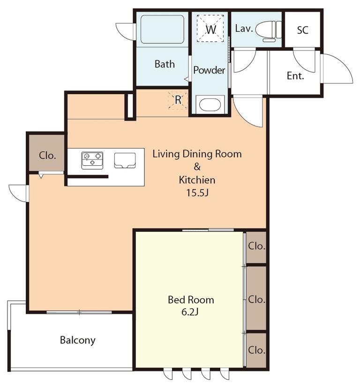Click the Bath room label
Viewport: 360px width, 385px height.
[165, 64]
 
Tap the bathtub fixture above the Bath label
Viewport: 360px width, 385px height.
[162, 29]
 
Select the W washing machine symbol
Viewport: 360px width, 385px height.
[210, 28]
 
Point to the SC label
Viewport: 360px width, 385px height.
[302, 30]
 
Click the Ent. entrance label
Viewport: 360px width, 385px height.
[295, 75]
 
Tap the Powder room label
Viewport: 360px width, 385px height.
[209, 70]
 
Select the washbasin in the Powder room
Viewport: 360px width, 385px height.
[210, 105]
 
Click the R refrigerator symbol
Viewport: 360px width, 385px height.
[178, 100]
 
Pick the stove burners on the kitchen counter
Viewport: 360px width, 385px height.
[92, 161]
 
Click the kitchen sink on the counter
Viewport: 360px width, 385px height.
[125, 161]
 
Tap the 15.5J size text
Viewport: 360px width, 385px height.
[197, 193]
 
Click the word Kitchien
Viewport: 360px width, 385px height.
[197, 180]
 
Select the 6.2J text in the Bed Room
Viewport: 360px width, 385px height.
[190, 312]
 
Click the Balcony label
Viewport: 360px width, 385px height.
[78, 341]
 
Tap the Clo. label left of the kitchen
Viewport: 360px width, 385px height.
[47, 155]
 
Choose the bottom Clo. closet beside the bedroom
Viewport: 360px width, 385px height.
[256, 350]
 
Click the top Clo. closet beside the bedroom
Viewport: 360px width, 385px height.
[256, 247]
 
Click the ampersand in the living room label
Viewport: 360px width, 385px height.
[197, 167]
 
